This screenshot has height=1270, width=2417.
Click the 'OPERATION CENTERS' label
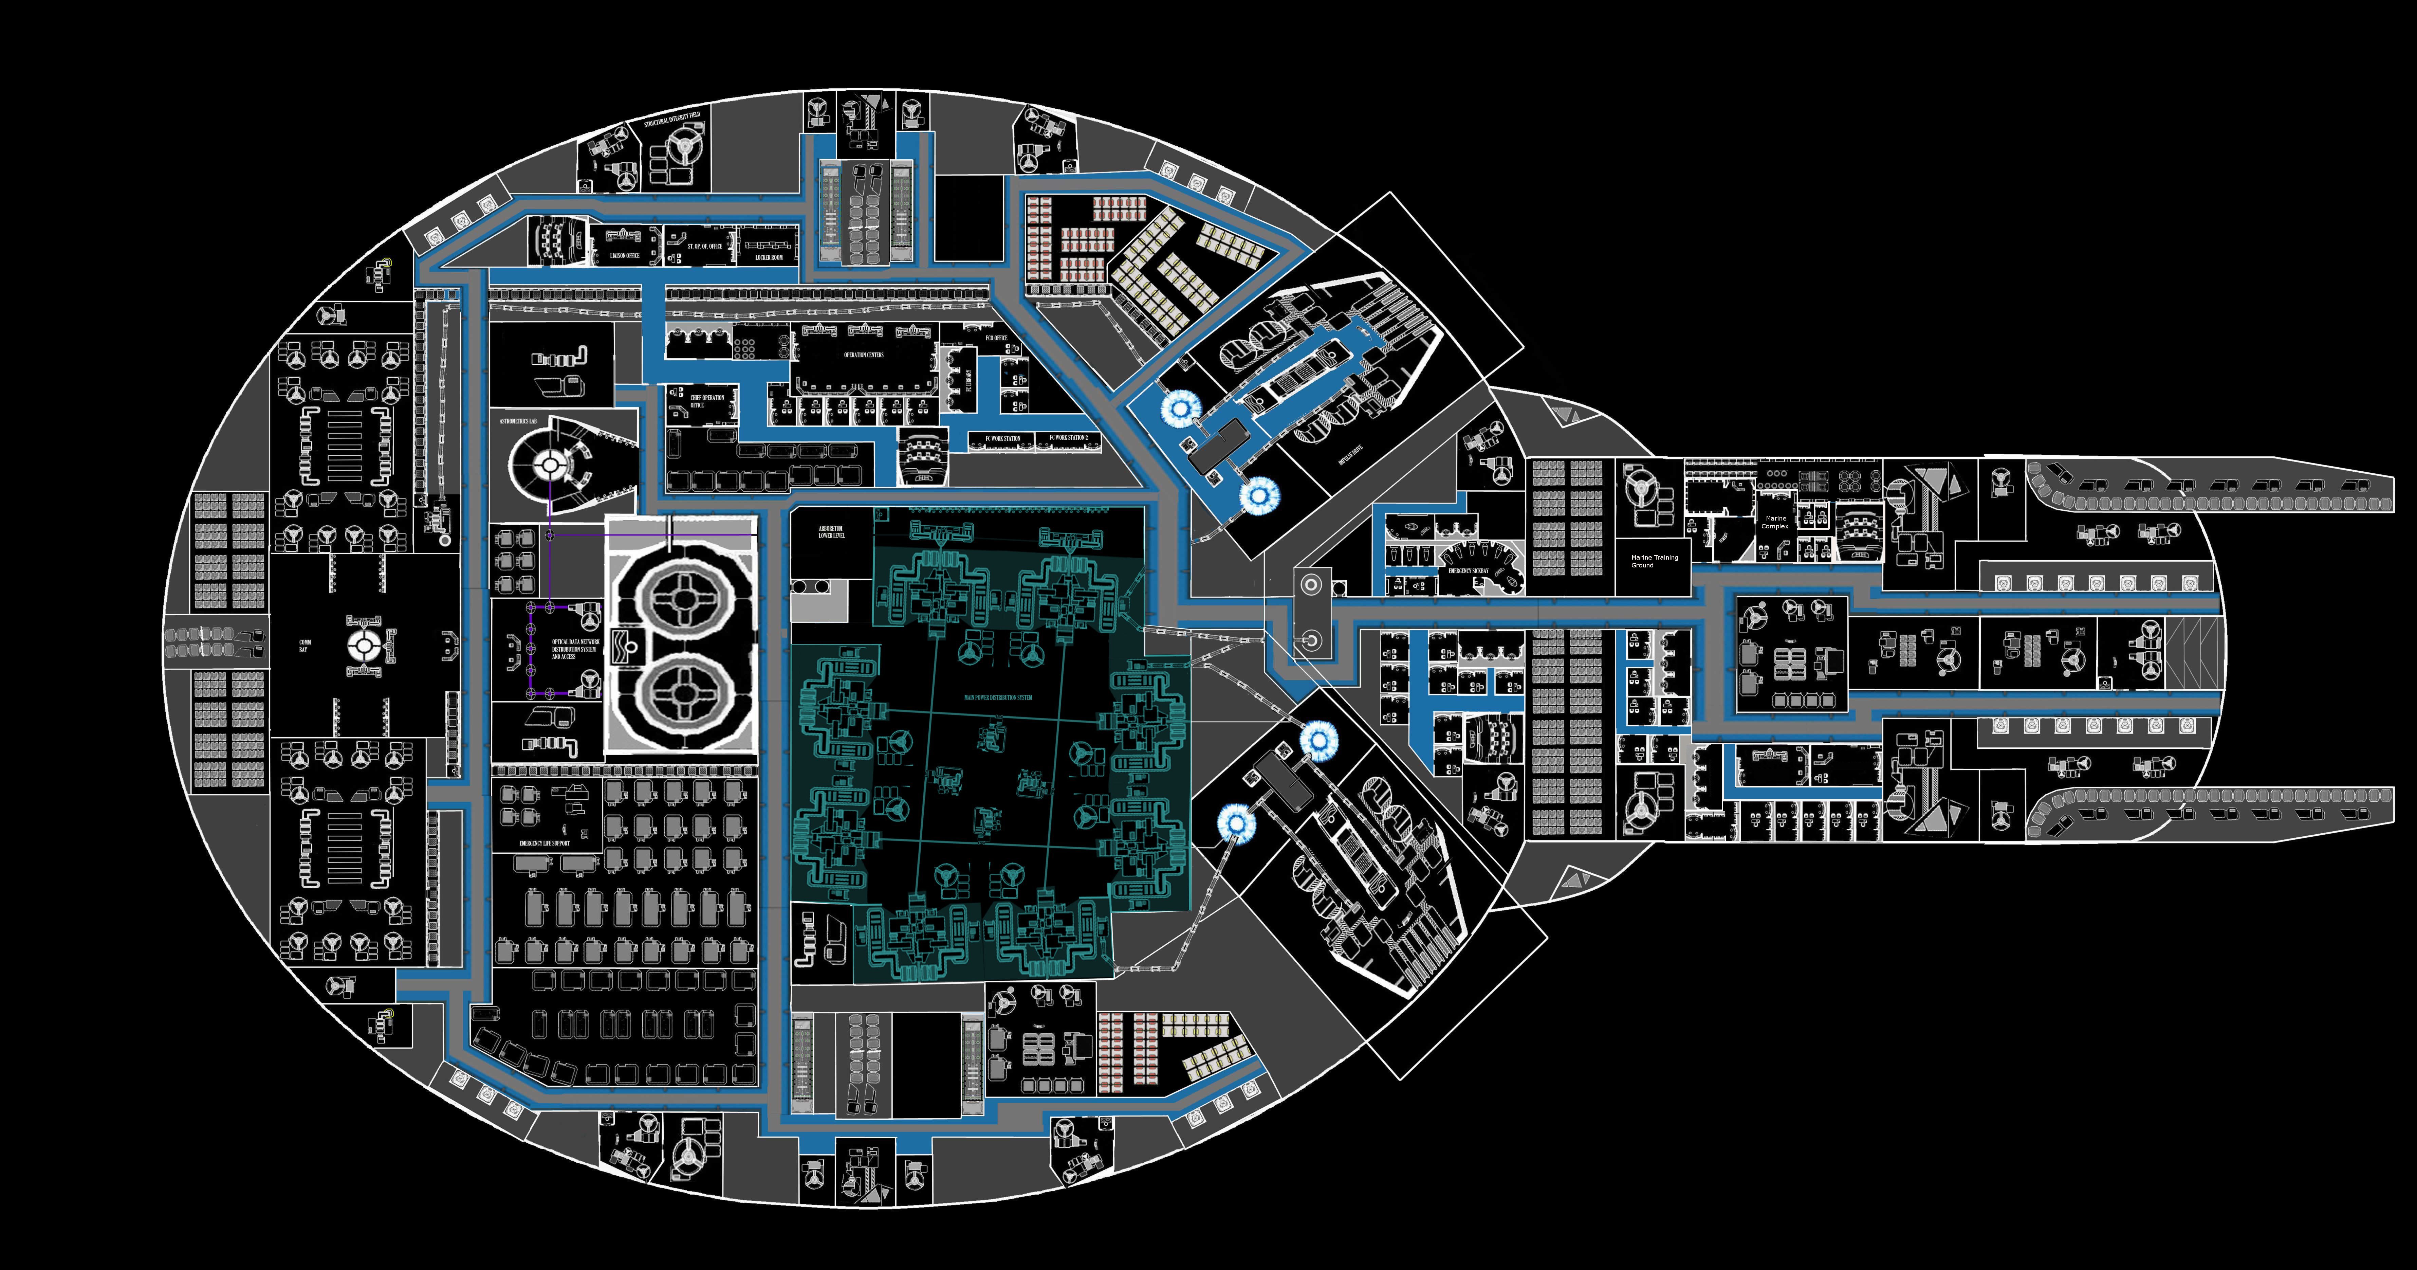[863, 355]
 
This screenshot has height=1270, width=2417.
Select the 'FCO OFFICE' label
[996, 338]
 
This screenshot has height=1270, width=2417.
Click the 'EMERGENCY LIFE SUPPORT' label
[544, 843]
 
